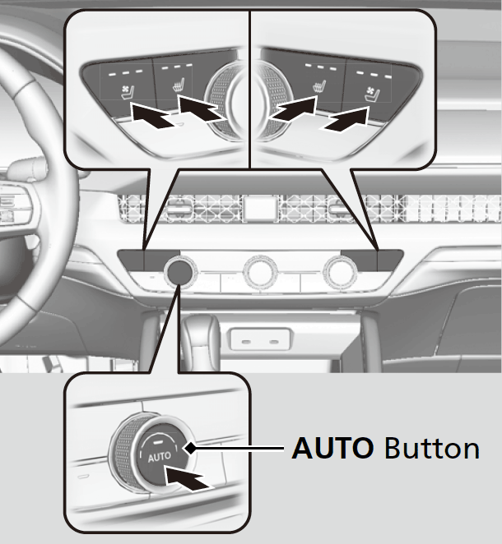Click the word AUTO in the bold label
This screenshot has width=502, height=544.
pos(332,448)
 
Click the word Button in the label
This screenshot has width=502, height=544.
pos(432,448)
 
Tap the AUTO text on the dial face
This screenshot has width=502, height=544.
pos(159,457)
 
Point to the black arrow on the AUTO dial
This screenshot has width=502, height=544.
pos(186,477)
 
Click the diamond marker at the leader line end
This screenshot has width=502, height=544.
pos(190,448)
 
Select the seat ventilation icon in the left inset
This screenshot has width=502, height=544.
pos(127,93)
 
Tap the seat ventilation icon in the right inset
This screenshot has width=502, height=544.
pos(372,95)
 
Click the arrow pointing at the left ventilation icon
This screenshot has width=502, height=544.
pos(151,115)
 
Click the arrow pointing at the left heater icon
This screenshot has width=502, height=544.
pos(202,108)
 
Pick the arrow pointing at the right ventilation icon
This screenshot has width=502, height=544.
pos(346,119)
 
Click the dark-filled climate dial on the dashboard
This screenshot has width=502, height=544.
pos(179,271)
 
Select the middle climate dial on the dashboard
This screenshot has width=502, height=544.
pos(260,271)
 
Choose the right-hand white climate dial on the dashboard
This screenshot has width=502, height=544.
pos(340,272)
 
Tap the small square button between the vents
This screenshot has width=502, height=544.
pos(260,207)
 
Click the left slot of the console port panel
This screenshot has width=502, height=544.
pos(246,342)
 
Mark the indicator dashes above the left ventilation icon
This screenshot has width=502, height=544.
pos(125,72)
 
